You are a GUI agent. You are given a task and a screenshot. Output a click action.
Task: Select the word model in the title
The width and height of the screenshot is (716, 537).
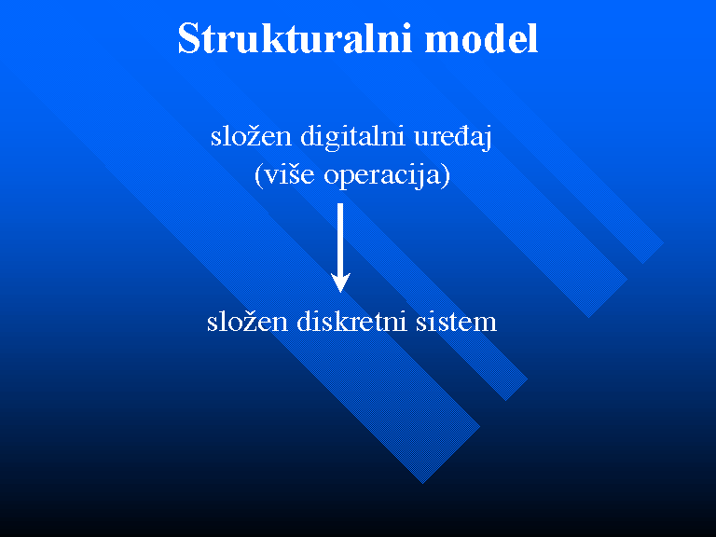[481, 38]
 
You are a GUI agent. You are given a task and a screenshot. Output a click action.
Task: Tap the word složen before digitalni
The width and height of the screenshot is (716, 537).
[251, 135]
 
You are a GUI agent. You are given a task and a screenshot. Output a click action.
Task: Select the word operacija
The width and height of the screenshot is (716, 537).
[381, 176]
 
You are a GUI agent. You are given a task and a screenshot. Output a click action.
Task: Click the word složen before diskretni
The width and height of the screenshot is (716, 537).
[247, 321]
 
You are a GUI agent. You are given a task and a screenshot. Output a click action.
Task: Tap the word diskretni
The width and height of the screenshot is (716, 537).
[351, 321]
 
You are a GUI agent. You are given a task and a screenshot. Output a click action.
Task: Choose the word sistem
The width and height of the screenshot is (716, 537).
[456, 322]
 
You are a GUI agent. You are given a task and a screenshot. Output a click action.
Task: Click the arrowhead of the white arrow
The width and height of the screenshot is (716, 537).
[340, 282]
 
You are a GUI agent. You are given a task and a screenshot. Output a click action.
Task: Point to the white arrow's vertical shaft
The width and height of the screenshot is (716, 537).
[340, 239]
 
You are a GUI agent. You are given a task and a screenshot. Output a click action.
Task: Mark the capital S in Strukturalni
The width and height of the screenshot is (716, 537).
[189, 38]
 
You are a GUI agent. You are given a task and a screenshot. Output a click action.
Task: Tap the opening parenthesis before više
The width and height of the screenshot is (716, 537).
[258, 176]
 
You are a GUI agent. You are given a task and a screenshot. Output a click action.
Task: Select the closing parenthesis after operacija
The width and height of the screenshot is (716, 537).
[446, 176]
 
